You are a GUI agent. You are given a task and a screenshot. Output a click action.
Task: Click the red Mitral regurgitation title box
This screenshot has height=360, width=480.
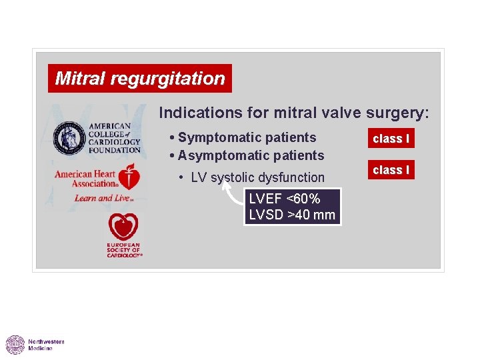click(140, 79)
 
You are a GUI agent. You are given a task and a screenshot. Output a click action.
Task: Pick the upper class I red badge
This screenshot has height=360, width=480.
click(391, 139)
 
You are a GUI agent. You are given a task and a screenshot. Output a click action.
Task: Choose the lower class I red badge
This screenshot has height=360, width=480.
click(391, 170)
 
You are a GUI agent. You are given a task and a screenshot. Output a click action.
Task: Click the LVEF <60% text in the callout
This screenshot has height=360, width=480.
click(285, 199)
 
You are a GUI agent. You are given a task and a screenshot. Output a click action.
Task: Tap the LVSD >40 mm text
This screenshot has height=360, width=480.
click(292, 215)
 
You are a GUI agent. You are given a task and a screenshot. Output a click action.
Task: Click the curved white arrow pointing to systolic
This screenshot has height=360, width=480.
click(232, 194)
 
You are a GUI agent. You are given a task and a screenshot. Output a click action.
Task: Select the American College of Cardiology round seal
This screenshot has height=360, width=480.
click(69, 138)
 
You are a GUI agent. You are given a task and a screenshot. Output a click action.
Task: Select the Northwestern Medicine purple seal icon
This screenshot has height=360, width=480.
click(15, 345)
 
